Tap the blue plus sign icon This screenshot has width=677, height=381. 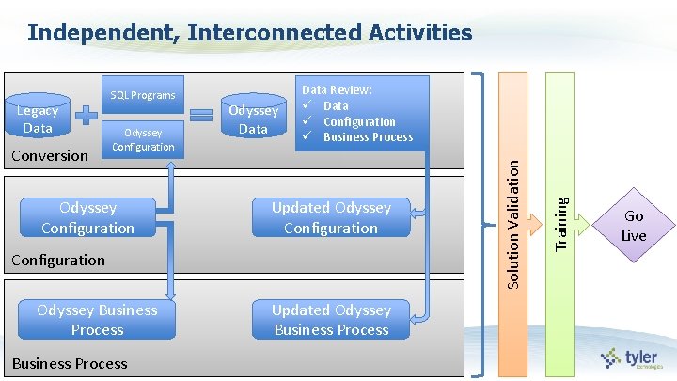click(86, 116)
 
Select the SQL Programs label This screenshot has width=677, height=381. click(143, 95)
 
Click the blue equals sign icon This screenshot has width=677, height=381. click(201, 115)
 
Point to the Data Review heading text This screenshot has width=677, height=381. click(337, 90)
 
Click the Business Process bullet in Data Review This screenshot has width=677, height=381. click(368, 137)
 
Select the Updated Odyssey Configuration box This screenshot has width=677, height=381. click(331, 217)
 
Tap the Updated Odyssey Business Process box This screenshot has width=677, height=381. click(331, 320)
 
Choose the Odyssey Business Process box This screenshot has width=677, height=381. click(97, 320)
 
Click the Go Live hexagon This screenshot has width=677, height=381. click(634, 226)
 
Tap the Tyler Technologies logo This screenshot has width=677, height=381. click(632, 357)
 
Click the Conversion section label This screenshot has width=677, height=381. click(49, 155)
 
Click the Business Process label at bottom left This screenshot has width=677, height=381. click(70, 363)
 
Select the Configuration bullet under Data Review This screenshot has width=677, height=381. click(359, 122)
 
